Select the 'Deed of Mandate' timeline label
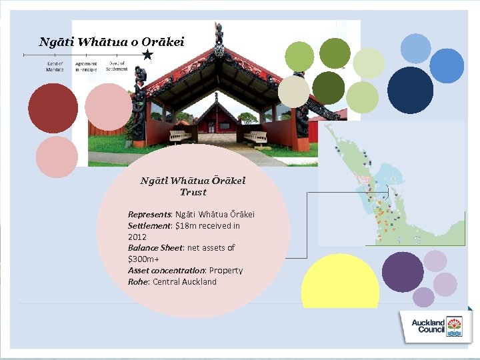point(55,67)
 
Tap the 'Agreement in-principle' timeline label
point(86,67)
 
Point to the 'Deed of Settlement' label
point(117,66)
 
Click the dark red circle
point(53,108)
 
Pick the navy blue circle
point(410,91)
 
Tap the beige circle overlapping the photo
point(294,91)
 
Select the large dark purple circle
point(403,272)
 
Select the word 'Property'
point(226,271)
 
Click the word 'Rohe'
point(138,282)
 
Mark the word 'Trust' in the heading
point(193,192)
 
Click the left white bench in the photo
point(181,136)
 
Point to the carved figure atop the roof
point(219,35)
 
